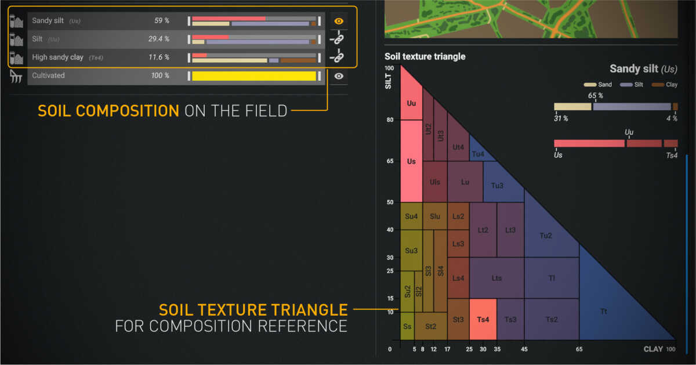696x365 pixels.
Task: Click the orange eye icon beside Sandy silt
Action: click(339, 21)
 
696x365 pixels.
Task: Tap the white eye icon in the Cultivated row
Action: click(339, 76)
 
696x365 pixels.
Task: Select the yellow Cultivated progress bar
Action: click(254, 76)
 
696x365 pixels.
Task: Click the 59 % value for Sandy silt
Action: click(162, 20)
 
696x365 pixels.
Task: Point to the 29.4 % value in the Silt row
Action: click(159, 39)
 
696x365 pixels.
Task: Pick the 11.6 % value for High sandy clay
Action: click(159, 57)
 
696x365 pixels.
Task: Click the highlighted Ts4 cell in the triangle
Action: click(483, 319)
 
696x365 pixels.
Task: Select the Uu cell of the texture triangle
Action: click(411, 103)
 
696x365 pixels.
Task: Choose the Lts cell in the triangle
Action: click(496, 278)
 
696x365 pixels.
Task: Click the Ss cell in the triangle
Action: click(407, 326)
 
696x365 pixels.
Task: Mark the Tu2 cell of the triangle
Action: click(546, 236)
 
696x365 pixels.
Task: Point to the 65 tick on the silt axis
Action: click(390, 161)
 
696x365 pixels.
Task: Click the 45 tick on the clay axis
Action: click(524, 349)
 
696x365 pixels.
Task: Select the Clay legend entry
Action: click(665, 85)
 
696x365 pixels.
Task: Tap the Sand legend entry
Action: click(598, 85)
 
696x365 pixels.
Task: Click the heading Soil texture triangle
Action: click(425, 57)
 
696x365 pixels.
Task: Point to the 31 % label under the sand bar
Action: click(561, 118)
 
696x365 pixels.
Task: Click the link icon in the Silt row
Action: click(338, 38)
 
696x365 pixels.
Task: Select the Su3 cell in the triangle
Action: click(411, 250)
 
